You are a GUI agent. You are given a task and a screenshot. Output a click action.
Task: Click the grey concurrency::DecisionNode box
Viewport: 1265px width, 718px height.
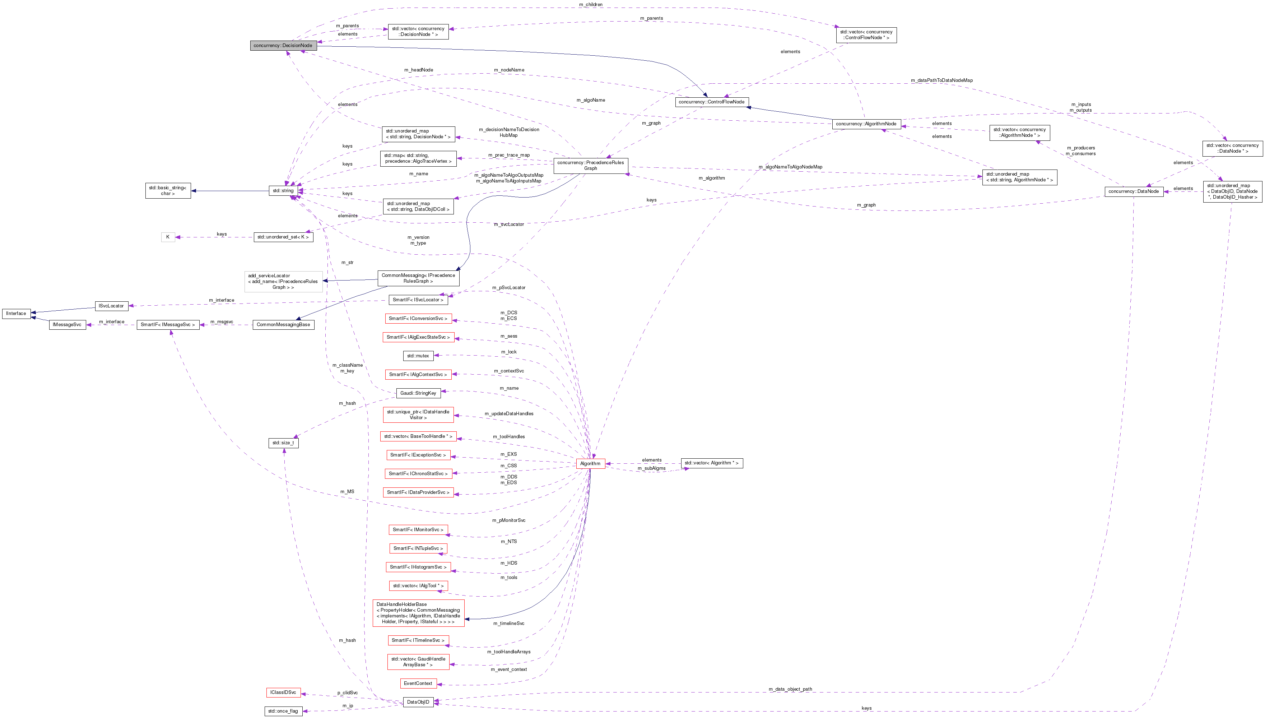click(x=283, y=45)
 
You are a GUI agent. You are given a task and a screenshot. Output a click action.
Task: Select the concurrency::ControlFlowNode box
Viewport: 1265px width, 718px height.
click(x=711, y=102)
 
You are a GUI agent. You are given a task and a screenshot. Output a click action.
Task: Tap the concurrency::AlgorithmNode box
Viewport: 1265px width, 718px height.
click(x=866, y=124)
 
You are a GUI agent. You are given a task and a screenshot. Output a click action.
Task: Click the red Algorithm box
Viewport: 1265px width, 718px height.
click(x=590, y=464)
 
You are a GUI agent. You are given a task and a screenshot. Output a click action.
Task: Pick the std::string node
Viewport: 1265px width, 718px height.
click(x=283, y=191)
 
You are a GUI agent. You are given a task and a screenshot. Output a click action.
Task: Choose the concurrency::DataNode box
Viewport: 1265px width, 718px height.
click(x=1133, y=191)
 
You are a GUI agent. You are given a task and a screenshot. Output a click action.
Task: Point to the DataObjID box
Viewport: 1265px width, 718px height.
click(x=418, y=702)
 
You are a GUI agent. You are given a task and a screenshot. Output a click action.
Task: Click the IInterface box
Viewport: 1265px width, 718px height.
click(x=16, y=314)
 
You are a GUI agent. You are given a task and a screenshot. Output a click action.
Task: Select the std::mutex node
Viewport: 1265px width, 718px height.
click(x=418, y=356)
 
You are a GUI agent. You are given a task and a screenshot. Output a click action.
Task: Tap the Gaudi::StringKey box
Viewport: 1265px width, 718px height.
click(x=418, y=393)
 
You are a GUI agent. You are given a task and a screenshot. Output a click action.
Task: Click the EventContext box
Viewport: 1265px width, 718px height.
click(x=418, y=684)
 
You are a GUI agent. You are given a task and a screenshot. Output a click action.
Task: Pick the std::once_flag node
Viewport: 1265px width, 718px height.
click(x=283, y=711)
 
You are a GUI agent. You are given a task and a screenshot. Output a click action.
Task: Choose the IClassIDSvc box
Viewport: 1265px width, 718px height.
click(x=283, y=693)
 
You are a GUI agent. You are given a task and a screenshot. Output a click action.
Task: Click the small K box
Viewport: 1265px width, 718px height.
click(x=168, y=237)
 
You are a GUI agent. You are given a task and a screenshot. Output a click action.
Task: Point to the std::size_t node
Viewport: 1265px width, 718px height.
click(x=283, y=443)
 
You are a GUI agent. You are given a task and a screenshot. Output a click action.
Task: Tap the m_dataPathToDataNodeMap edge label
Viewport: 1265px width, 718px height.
click(x=941, y=80)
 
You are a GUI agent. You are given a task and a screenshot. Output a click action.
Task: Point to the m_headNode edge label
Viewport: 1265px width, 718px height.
click(x=419, y=70)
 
